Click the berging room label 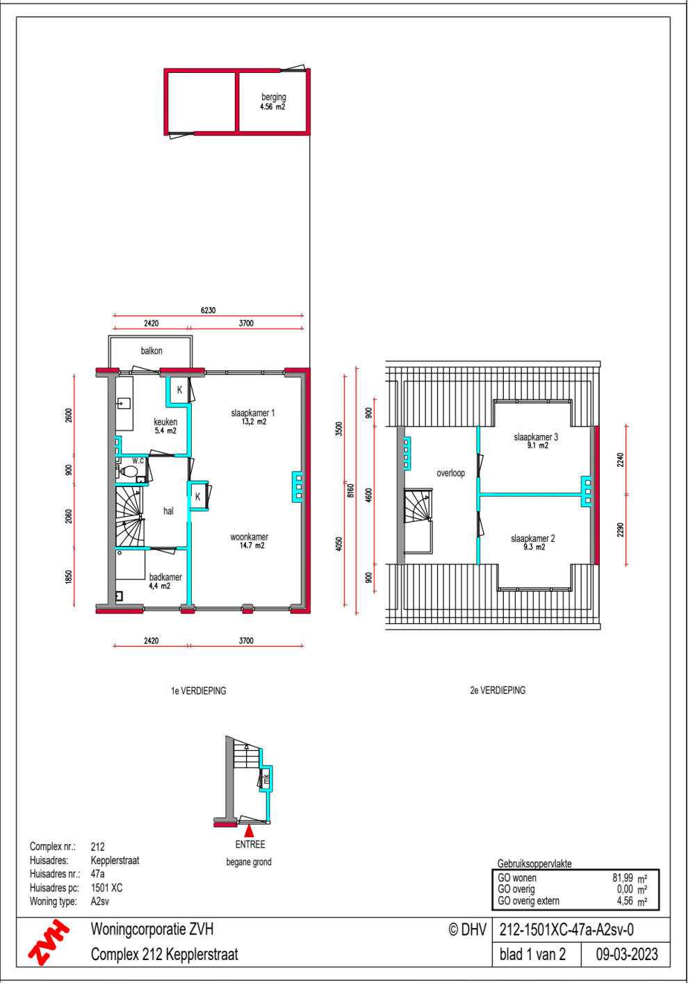pos(273,101)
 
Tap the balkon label pos(152,351)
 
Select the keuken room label pos(165,425)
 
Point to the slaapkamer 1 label pos(252,417)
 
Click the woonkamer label pos(249,540)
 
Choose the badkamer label pos(165,581)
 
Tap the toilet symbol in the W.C pos(129,472)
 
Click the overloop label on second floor pos(450,473)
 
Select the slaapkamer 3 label pos(536,440)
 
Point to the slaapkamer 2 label pos(533,542)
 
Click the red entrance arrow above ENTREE pos(249,830)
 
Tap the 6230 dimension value pos(208,310)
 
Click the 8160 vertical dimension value pos(351,490)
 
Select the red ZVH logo pos(48,942)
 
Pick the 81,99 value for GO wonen pos(623,878)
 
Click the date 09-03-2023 pos(626,955)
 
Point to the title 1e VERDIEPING pos(198,691)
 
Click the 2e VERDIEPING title pos(498,690)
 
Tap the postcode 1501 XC pos(106,888)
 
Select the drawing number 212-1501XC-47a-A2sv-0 pos(566,930)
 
